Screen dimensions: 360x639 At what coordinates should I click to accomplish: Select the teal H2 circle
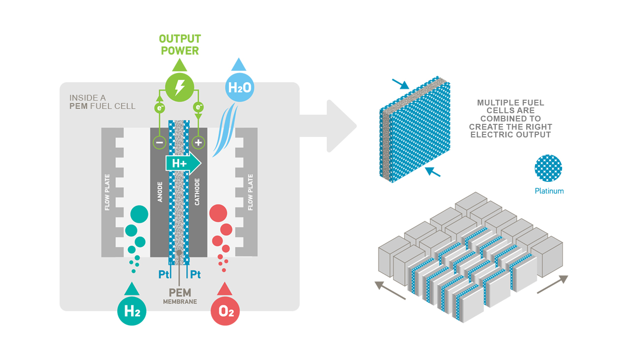[132, 311]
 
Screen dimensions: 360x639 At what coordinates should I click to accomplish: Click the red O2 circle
[225, 311]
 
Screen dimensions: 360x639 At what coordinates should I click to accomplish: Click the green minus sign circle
[160, 142]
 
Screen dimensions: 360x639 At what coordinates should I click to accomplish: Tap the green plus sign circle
[198, 142]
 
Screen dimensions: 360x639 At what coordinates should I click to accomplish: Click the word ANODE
[160, 193]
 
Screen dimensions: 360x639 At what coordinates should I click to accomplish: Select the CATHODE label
[198, 193]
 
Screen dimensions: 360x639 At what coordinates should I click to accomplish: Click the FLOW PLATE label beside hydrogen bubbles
[108, 192]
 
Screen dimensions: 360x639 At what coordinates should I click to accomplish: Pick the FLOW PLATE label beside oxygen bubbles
[250, 192]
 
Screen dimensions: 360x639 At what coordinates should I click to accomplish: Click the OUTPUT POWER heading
[180, 45]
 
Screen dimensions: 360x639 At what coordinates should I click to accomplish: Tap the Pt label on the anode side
[165, 274]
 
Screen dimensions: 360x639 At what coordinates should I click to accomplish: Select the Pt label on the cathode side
[195, 274]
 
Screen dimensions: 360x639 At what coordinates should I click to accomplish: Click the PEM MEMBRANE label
[180, 296]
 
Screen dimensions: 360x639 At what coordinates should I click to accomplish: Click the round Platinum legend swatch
[548, 168]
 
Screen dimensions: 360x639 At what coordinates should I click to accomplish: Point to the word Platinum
[549, 191]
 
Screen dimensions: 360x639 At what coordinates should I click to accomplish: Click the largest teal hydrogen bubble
[139, 214]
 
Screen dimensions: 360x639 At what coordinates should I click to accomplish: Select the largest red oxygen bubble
[218, 213]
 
